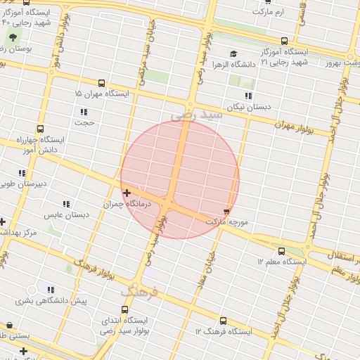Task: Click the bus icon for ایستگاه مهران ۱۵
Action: click(102, 82)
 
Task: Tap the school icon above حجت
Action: click(84, 112)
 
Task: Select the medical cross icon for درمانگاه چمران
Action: click(127, 193)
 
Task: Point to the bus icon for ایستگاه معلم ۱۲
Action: click(282, 250)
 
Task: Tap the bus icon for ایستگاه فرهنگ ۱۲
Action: click(224, 320)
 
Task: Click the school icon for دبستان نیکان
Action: click(247, 96)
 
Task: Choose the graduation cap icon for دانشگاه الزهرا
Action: click(233, 53)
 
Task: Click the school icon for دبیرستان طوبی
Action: click(22, 173)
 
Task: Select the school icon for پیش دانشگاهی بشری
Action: click(50, 290)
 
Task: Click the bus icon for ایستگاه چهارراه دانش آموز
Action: click(40, 129)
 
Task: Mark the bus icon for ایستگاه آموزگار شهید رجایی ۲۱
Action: click(284, 41)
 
